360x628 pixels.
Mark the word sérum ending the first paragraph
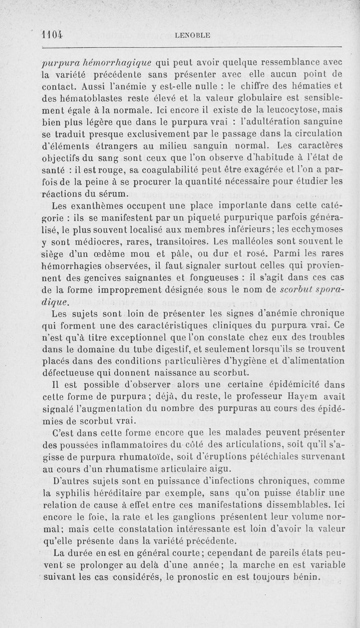tap(111, 194)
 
